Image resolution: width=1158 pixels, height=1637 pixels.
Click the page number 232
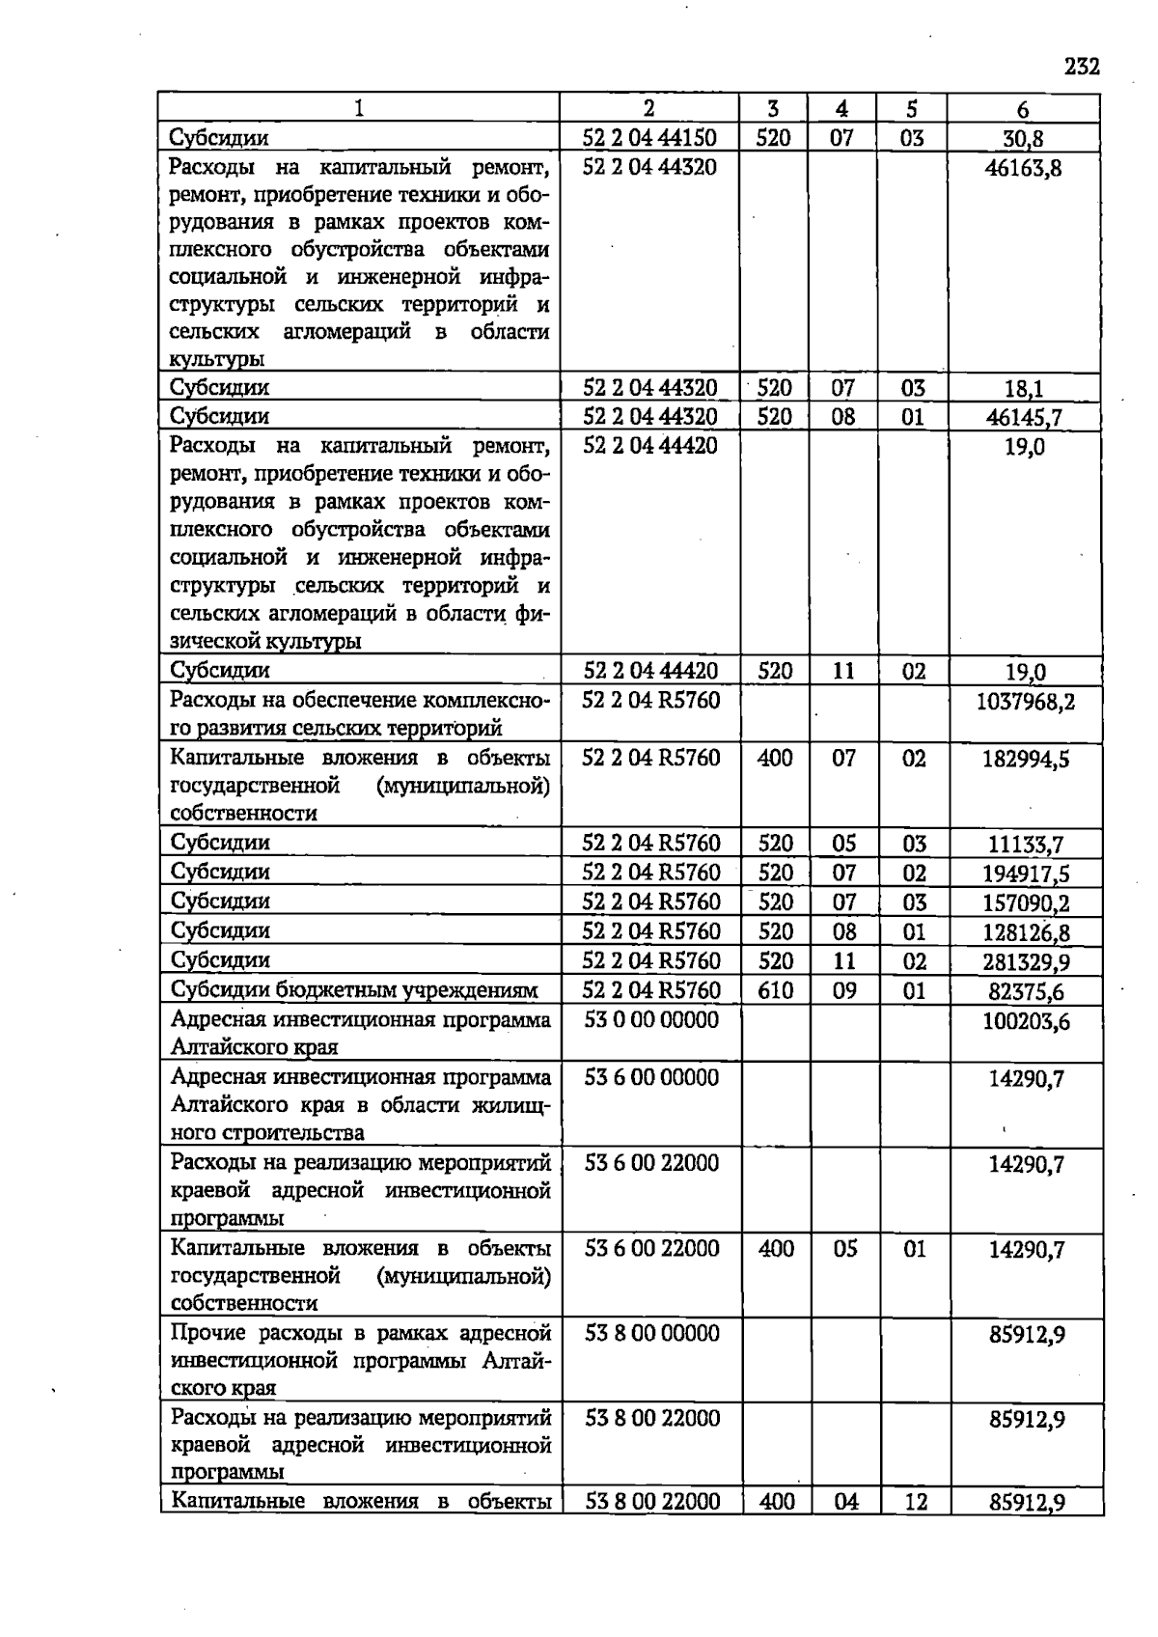pos(1082,67)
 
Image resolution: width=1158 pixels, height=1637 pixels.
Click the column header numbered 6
pos(1023,109)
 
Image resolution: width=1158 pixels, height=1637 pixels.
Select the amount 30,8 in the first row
pos(1023,139)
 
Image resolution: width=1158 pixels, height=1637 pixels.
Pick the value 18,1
pos(1023,390)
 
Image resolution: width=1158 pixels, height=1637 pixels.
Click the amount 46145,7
pos(1023,418)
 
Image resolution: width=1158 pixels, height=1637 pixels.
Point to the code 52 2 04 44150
pos(650,138)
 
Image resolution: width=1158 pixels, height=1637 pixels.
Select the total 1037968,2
pos(1025,702)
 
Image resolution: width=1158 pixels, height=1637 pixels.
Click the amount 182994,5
pos(1025,760)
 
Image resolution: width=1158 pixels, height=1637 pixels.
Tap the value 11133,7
pos(1025,846)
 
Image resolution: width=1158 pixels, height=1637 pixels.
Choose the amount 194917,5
pos(1025,874)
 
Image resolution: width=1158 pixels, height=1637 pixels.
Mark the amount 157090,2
pos(1025,903)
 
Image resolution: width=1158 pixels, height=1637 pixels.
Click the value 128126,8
pos(1025,933)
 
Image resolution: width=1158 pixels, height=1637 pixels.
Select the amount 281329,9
pos(1025,962)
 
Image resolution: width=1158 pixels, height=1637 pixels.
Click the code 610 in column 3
pos(775,990)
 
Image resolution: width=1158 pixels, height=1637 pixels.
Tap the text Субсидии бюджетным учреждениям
pos(353,990)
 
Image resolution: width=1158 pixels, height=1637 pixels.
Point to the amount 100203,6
pos(1025,1021)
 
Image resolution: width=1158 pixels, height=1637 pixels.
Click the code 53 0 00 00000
pos(651,1019)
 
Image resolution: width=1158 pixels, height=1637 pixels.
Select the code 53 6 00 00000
pos(651,1077)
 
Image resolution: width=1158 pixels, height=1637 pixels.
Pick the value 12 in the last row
pos(915,1502)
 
